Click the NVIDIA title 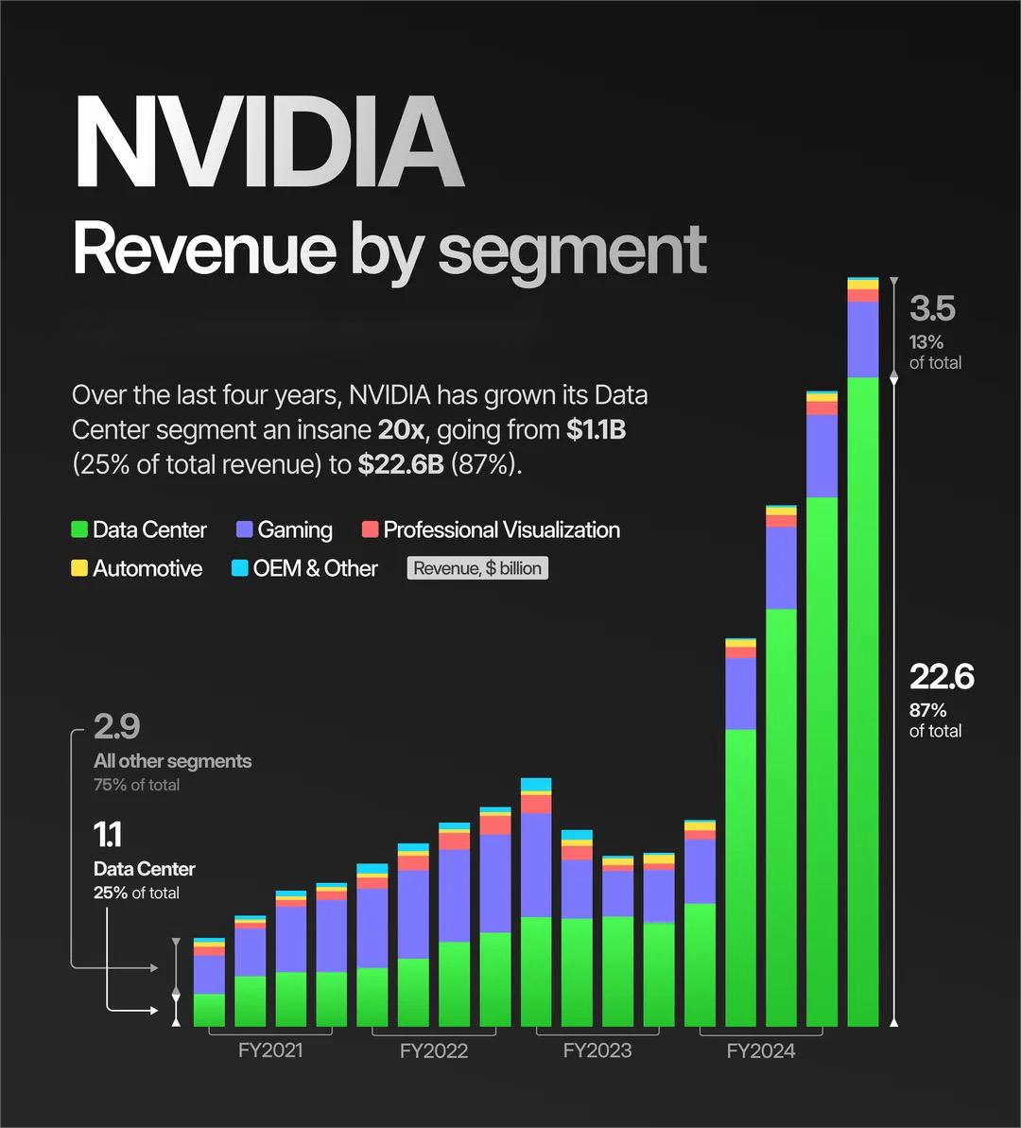[268, 141]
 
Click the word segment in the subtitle [572, 251]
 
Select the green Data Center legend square [79, 529]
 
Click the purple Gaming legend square [245, 529]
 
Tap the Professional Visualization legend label [501, 529]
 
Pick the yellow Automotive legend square [79, 568]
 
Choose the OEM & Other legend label [315, 568]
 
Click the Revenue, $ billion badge [477, 568]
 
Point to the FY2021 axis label [270, 1050]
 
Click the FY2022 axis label [434, 1050]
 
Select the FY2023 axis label [597, 1050]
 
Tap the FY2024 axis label [761, 1050]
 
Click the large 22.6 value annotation [942, 677]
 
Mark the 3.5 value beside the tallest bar [932, 309]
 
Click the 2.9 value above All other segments [116, 727]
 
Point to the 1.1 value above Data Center [107, 835]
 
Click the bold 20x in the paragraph [401, 430]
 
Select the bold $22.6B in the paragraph [400, 465]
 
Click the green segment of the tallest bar [863, 700]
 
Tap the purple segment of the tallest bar [863, 339]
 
